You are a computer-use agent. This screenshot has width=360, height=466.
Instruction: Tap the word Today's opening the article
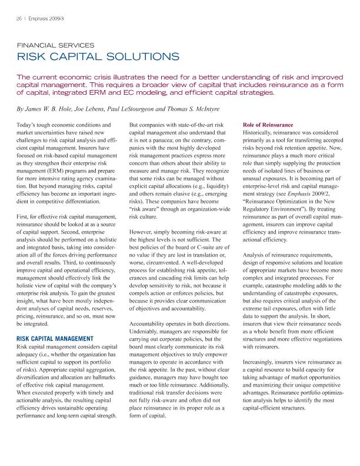[28, 126]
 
